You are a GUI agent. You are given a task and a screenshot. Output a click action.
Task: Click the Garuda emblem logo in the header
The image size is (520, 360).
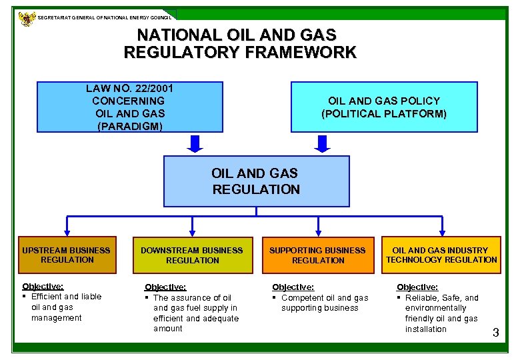click(x=27, y=18)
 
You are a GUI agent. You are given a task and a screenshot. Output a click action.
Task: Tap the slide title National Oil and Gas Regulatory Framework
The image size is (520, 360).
click(x=240, y=43)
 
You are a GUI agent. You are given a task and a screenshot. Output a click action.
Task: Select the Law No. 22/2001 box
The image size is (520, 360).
click(x=129, y=107)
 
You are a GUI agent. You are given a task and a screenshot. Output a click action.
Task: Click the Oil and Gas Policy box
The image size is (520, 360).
click(x=384, y=107)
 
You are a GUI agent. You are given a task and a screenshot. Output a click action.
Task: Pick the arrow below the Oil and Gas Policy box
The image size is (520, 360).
click(x=323, y=143)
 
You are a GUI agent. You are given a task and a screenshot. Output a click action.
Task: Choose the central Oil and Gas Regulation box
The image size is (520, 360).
click(x=256, y=181)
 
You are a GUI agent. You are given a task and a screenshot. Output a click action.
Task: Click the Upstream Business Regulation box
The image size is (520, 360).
click(x=67, y=255)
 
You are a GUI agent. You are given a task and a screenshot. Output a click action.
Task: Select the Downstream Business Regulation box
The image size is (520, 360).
click(x=192, y=255)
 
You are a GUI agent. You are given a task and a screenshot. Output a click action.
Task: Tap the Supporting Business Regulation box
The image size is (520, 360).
click(x=318, y=255)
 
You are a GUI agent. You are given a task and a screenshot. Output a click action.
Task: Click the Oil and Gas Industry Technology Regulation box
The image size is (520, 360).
click(x=441, y=255)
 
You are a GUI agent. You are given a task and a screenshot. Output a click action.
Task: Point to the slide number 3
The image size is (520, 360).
click(x=495, y=333)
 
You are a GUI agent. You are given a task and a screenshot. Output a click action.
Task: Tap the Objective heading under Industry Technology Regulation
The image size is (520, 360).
click(x=417, y=287)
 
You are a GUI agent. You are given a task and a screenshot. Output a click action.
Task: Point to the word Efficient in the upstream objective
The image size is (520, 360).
click(x=46, y=296)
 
